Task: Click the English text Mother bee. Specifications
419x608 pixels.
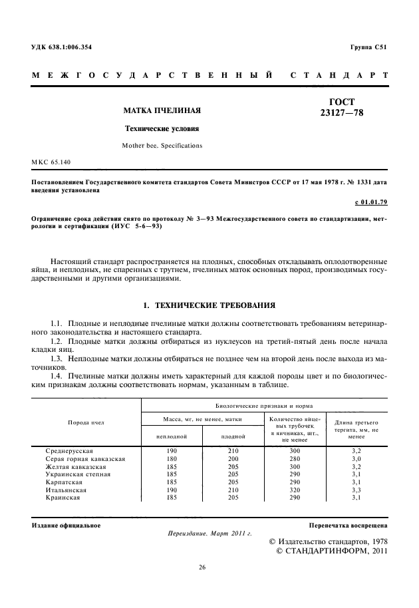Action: click(x=162, y=144)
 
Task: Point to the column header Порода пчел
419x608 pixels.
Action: click(x=86, y=422)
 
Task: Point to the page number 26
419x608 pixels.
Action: click(x=202, y=567)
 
